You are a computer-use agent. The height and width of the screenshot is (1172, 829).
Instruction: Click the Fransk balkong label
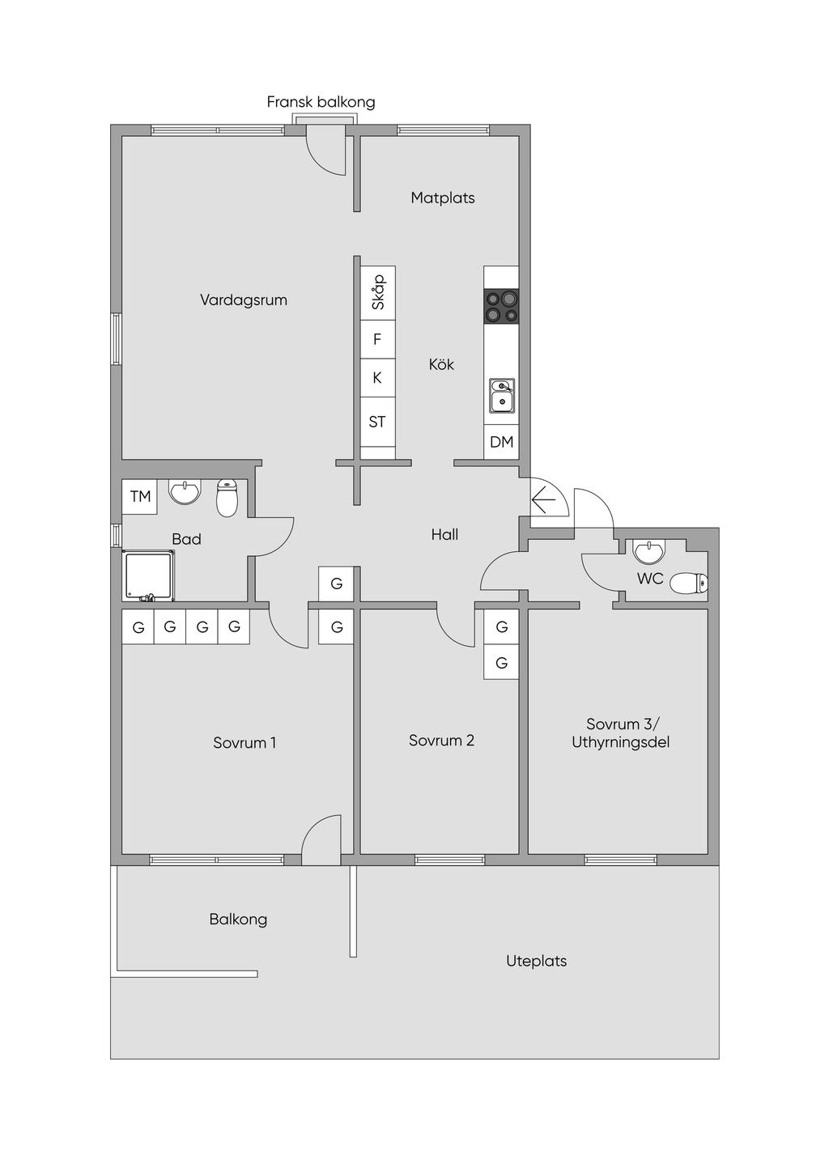(x=321, y=101)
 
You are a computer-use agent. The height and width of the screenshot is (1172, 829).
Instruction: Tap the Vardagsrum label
(x=244, y=300)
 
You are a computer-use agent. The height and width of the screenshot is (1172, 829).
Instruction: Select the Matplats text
(x=443, y=197)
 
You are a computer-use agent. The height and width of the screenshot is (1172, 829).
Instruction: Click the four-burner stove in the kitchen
(x=501, y=306)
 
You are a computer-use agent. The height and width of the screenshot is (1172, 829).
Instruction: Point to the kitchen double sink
(x=502, y=396)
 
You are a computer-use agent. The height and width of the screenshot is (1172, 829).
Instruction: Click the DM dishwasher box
(x=501, y=442)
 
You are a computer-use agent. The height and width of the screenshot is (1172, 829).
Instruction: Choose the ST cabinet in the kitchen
(x=377, y=422)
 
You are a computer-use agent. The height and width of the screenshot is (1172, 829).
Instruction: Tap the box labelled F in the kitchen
(x=377, y=340)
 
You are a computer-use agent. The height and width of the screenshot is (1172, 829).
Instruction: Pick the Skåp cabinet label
(x=378, y=292)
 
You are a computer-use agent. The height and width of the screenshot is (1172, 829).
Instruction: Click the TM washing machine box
(x=140, y=496)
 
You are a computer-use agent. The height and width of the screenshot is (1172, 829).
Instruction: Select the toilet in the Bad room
(x=227, y=498)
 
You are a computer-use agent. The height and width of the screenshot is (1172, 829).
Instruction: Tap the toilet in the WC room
(x=689, y=584)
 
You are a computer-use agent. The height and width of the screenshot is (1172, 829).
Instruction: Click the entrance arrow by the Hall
(x=543, y=500)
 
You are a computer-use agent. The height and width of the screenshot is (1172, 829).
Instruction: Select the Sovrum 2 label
(x=442, y=741)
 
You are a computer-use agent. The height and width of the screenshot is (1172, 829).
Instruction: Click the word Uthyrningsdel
(x=621, y=743)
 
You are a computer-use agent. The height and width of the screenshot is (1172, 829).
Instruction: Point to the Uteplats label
(x=537, y=961)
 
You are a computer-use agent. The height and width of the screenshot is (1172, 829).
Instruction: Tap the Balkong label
(x=238, y=919)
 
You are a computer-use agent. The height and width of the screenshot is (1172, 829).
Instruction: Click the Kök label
(x=441, y=364)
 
